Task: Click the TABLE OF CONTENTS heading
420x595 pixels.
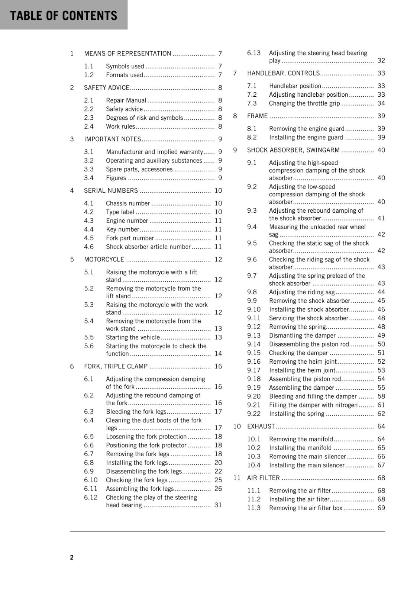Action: (64, 16)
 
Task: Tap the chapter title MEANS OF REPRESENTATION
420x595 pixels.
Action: (127, 54)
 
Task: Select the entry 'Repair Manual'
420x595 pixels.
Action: (126, 100)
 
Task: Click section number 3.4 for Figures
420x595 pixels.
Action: (88, 178)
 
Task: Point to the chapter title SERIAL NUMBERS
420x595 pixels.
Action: (111, 191)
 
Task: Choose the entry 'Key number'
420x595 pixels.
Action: (122, 229)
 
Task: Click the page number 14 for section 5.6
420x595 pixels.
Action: (218, 354)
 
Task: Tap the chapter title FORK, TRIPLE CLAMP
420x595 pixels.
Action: (116, 366)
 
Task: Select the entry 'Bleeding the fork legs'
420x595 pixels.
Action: (136, 412)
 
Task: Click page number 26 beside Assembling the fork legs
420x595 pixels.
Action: (218, 489)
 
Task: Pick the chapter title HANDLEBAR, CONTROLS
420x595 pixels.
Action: (283, 73)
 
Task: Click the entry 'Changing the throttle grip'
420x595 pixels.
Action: (304, 103)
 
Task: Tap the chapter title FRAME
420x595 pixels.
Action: (257, 116)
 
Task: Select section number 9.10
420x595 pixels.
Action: (254, 309)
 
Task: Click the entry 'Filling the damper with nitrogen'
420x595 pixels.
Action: (313, 405)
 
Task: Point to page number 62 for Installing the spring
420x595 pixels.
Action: (381, 414)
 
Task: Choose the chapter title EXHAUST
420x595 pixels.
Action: (261, 427)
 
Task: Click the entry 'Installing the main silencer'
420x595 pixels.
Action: (307, 465)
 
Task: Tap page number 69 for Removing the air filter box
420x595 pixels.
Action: (381, 508)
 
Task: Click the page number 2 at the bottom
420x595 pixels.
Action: (72, 557)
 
